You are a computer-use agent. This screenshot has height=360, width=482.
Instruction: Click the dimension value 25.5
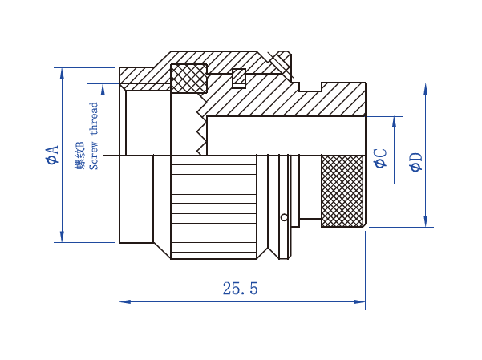[x=240, y=289]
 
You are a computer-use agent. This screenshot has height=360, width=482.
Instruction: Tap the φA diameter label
[x=52, y=155]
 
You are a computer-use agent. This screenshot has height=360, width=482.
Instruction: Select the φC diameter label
[x=381, y=158]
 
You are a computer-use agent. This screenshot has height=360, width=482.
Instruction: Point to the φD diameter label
[x=416, y=162]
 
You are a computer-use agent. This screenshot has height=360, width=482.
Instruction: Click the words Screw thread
[x=94, y=136]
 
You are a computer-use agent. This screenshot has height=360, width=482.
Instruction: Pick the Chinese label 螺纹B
[x=79, y=156]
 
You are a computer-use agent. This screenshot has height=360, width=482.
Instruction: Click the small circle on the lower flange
[x=285, y=217]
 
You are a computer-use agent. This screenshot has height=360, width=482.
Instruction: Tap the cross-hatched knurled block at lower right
[x=342, y=191]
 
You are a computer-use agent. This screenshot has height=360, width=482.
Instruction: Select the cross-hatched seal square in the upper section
[x=188, y=79]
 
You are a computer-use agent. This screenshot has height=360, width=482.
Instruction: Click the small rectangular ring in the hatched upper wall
[x=239, y=78]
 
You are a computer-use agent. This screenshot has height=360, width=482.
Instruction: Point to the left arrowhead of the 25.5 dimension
[x=124, y=301]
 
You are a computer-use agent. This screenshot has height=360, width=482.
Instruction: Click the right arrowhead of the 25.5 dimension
[x=359, y=301]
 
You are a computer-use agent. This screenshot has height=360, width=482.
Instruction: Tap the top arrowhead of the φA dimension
[x=62, y=74]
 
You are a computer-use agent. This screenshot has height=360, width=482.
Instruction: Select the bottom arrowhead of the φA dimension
[x=62, y=237]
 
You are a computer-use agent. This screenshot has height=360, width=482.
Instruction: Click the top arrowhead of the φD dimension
[x=425, y=89]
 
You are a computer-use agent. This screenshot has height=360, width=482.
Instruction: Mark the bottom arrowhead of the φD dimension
[x=425, y=221]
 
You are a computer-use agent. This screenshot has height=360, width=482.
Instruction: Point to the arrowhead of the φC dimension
[x=395, y=122]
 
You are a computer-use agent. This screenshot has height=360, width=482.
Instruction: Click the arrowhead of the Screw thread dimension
[x=103, y=90]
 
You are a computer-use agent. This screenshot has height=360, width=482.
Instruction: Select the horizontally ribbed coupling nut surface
[x=213, y=207]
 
